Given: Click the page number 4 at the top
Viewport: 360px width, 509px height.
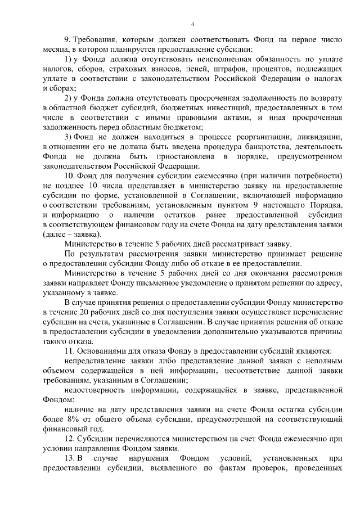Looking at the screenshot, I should (x=192, y=24).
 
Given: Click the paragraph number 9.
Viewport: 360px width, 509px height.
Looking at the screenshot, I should (x=67, y=40).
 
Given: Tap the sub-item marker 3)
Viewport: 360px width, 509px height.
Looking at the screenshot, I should (x=67, y=137).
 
